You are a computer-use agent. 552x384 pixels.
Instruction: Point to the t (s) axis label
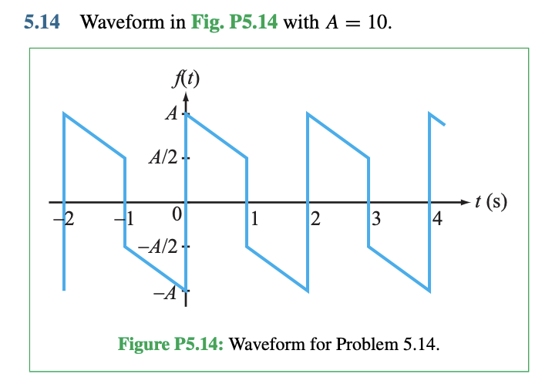(491, 202)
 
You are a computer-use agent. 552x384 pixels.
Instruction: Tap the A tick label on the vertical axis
(170, 113)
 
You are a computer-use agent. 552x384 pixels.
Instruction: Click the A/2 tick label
(163, 160)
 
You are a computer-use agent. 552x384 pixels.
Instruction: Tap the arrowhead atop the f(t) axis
(185, 96)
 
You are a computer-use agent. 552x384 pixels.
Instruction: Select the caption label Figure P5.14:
(170, 342)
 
